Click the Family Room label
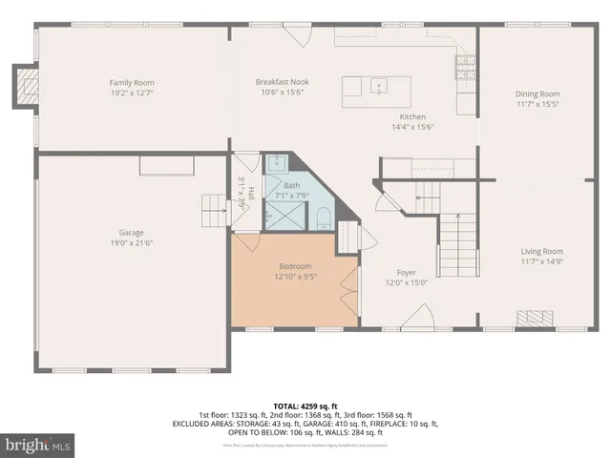click(x=132, y=83)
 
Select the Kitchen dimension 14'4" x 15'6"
click(x=413, y=126)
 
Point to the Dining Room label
click(x=537, y=94)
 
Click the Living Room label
click(x=541, y=251)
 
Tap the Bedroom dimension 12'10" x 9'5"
click(x=296, y=277)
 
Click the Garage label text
click(x=131, y=232)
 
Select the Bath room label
click(x=292, y=186)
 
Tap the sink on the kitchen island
click(x=379, y=84)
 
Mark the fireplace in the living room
click(x=535, y=318)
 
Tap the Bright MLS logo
click(x=38, y=445)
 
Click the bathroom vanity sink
click(x=275, y=161)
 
